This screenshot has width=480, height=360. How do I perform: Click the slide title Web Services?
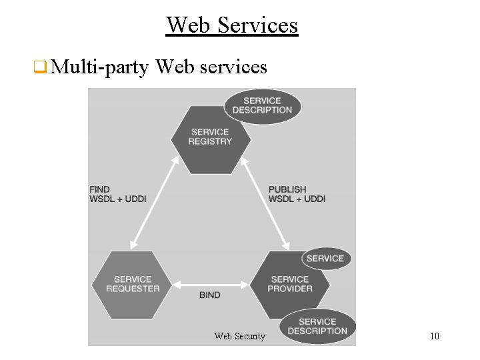point(232,25)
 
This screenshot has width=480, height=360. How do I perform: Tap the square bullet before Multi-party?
point(39,67)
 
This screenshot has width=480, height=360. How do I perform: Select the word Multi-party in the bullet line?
point(99,67)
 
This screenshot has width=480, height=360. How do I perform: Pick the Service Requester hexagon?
point(133,284)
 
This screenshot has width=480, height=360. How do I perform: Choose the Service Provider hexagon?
point(290,285)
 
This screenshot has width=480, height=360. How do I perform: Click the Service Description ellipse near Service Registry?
point(262,106)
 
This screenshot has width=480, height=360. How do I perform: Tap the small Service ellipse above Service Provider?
point(325,259)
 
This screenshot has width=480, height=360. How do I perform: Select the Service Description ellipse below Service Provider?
point(317,327)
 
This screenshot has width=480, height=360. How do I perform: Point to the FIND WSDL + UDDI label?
point(117,194)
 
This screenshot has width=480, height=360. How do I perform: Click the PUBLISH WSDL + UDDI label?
point(297,194)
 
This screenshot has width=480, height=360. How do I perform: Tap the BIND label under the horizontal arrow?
point(209,295)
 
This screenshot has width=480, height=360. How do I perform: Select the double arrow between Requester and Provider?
point(211,283)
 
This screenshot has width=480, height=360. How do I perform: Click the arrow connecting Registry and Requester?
point(156,202)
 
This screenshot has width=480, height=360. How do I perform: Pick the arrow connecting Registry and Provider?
point(265,202)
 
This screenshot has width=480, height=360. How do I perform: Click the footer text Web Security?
point(240,337)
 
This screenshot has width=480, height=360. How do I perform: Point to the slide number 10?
point(434,336)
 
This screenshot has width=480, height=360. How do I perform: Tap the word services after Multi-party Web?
point(233,67)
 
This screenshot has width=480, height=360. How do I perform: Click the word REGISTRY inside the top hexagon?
point(211,141)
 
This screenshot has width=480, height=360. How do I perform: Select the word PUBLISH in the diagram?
point(287,189)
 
